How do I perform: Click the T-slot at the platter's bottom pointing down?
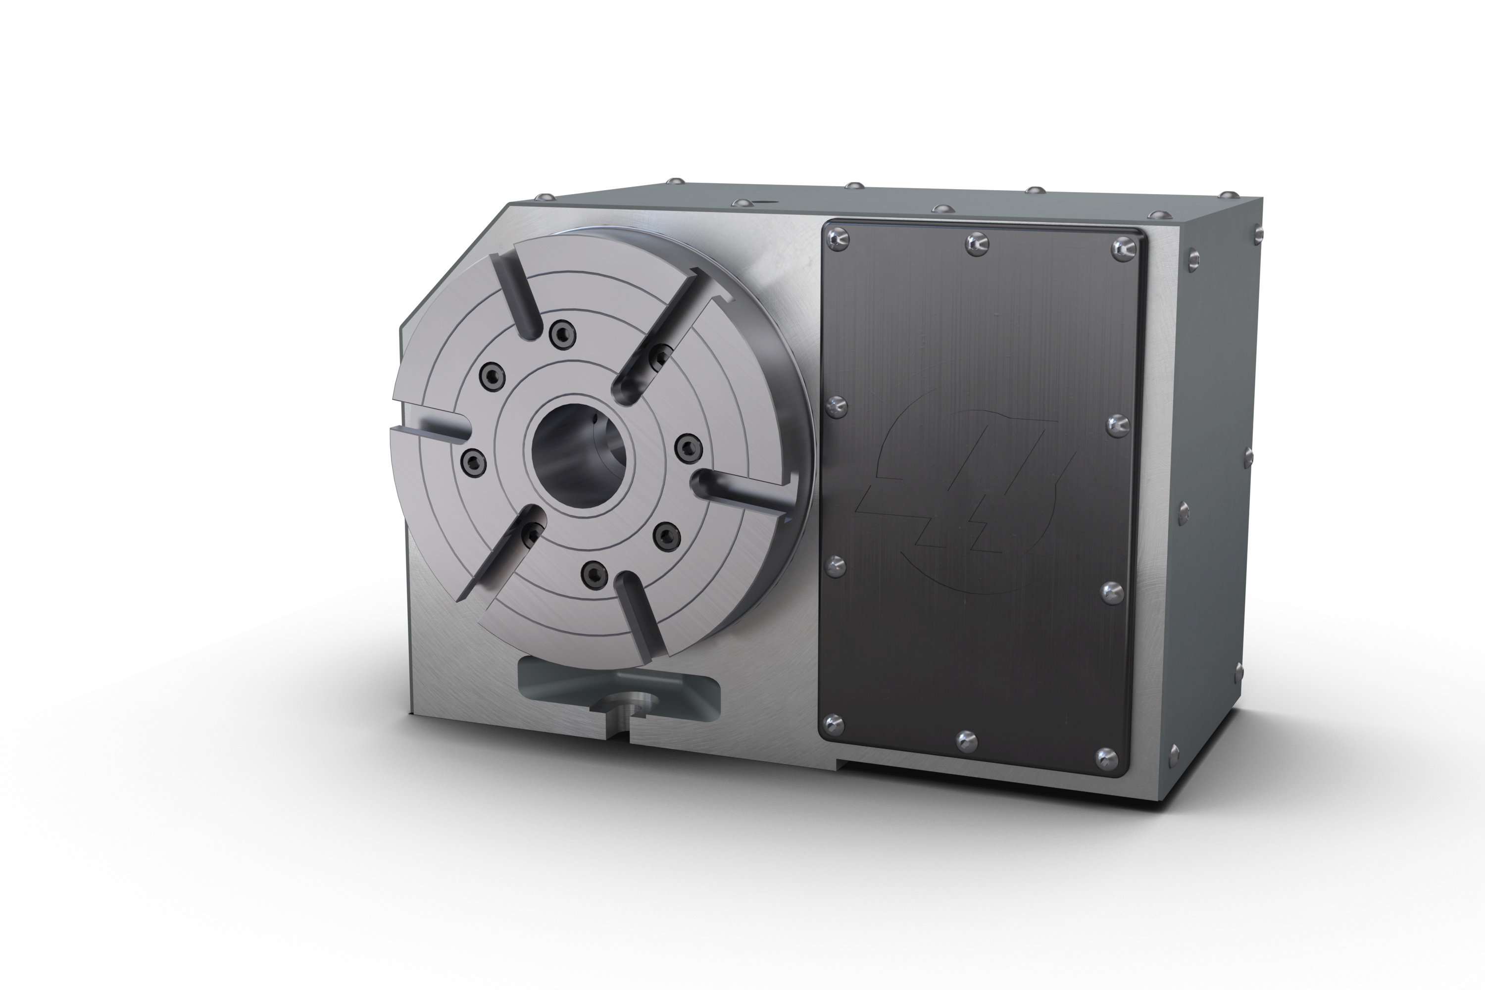[639, 611]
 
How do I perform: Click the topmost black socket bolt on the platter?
[562, 335]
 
